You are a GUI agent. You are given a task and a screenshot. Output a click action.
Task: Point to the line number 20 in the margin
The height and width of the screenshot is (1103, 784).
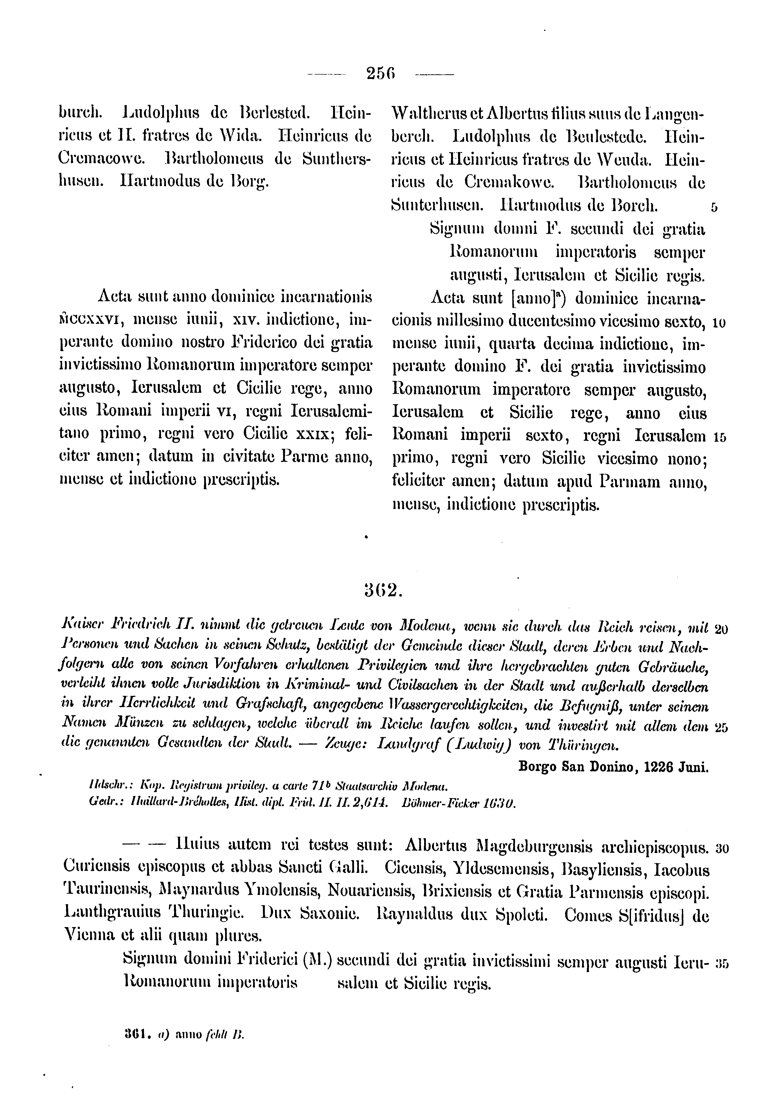721,629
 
